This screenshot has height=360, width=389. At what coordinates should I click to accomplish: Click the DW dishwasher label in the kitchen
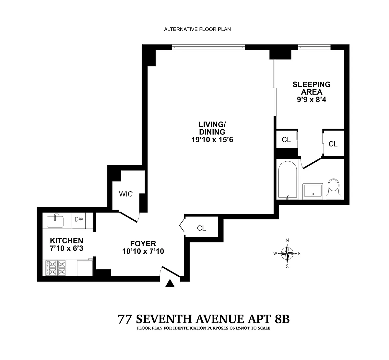(79, 219)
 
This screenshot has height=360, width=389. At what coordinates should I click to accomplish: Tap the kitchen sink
(55, 221)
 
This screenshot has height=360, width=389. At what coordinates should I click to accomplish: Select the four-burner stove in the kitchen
(56, 268)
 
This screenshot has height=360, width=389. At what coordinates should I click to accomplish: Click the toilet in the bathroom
(334, 189)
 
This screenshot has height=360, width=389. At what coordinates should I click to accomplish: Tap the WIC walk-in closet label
(126, 194)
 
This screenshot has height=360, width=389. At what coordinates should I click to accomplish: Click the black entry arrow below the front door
(170, 283)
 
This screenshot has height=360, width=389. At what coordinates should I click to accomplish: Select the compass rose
(287, 253)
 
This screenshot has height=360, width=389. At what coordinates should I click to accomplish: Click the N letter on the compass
(287, 240)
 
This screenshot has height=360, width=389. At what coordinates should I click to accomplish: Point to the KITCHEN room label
(66, 240)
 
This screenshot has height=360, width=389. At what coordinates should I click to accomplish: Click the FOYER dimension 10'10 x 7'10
(143, 251)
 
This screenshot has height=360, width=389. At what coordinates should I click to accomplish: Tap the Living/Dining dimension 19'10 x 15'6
(212, 140)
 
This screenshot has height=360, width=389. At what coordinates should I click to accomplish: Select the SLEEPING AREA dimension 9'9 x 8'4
(312, 100)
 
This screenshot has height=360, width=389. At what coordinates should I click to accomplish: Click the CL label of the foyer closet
(201, 228)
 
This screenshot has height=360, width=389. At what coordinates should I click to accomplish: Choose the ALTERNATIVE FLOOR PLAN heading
(197, 29)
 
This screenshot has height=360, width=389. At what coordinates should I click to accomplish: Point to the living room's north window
(209, 47)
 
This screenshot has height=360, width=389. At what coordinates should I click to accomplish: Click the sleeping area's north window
(314, 47)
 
